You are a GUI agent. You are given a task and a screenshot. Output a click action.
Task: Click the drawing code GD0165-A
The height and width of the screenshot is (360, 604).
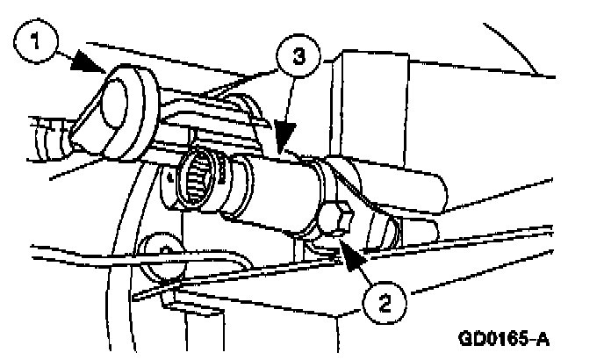coord(507,338)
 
